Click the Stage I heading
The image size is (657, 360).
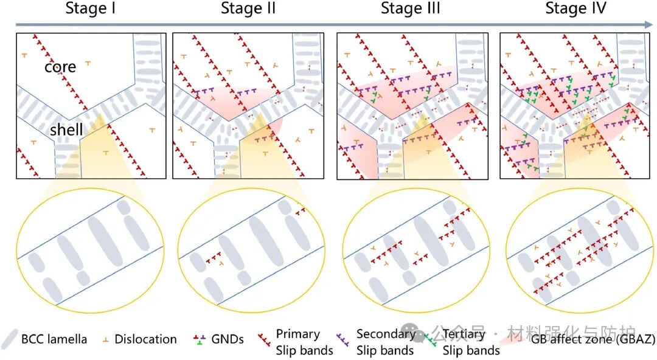tap(91, 9)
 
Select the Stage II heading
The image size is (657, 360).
tap(248, 9)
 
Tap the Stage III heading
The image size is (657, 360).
tap(410, 9)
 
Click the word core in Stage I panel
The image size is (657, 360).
tap(60, 66)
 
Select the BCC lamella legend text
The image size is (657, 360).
tap(54, 339)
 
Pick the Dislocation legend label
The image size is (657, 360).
tap(145, 339)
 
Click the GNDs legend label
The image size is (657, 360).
tap(227, 339)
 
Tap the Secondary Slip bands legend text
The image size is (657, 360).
tap(385, 342)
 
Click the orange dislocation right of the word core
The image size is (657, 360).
tap(88, 63)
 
